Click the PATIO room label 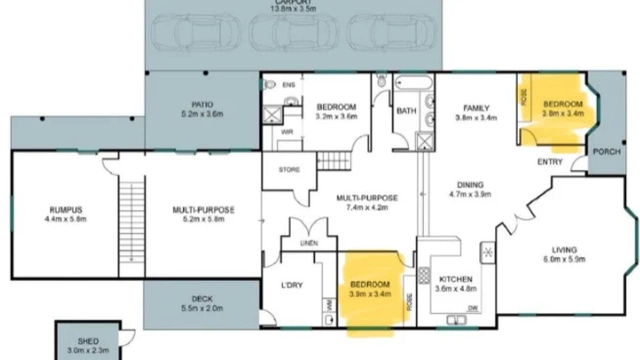(x=202, y=105)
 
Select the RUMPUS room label (x=65, y=210)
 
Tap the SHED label (x=88, y=341)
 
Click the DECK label (x=201, y=299)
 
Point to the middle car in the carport (x=293, y=32)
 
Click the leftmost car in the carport (x=195, y=32)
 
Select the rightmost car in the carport (x=391, y=32)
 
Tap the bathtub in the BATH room (x=413, y=82)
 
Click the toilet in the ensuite (x=270, y=84)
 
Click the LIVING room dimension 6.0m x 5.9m (x=564, y=259)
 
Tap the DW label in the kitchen (x=471, y=308)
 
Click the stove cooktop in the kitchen (x=424, y=275)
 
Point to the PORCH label (x=606, y=151)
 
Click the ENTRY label (x=550, y=161)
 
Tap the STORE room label (x=289, y=169)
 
